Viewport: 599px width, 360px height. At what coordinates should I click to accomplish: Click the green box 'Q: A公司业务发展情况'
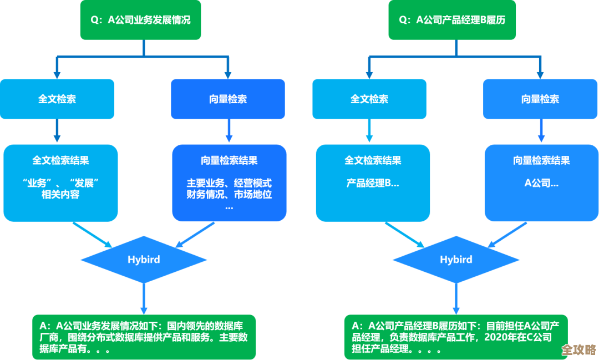[x=140, y=20]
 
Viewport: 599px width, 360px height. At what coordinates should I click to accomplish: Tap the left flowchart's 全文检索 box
[x=57, y=99]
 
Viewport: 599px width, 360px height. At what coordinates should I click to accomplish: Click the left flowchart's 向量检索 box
[x=228, y=99]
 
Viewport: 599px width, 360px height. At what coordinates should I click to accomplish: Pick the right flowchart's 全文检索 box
[x=369, y=99]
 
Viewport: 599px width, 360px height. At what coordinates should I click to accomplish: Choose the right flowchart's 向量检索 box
[x=540, y=99]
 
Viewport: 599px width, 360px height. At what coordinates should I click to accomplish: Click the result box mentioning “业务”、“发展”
[x=60, y=182]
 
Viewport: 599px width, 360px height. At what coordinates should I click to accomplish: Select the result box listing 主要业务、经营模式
[x=229, y=182]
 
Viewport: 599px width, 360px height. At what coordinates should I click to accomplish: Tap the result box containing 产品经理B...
[x=373, y=182]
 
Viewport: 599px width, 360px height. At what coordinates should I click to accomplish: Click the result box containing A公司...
[x=541, y=182]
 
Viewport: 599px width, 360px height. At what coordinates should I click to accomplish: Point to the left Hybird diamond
[x=144, y=260]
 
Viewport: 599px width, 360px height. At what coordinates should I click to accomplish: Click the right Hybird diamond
[x=456, y=260]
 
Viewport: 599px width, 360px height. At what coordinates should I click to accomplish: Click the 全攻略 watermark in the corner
[x=578, y=349]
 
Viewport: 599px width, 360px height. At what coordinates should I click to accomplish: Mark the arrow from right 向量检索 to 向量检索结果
[x=541, y=131]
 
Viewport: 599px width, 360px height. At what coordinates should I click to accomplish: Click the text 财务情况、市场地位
[x=229, y=194]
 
